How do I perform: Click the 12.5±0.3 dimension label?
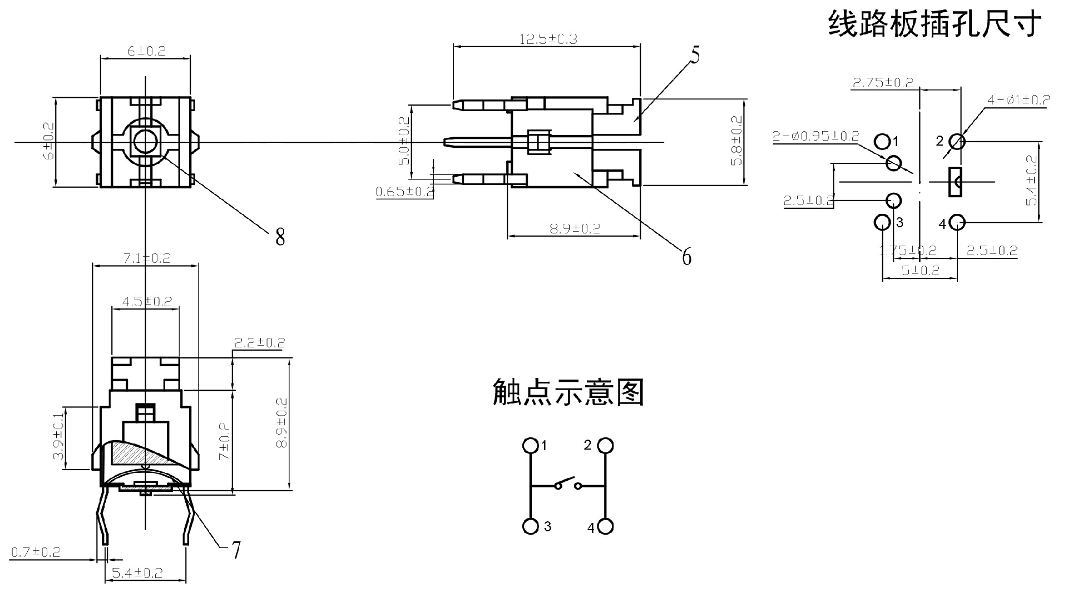548,39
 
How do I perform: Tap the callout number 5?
695,55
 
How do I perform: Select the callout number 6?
686,257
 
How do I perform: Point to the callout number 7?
236,550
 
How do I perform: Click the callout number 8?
280,237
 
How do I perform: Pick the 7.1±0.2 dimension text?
146,258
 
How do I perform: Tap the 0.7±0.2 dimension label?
36,552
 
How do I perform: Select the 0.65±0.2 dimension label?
404,192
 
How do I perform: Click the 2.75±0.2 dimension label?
883,83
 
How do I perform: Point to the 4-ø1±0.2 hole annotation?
1018,100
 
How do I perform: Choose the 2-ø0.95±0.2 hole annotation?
815,136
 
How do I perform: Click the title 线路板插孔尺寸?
934,24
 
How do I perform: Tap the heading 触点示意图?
568,392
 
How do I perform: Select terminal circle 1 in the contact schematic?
531,446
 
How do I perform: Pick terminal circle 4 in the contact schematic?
605,526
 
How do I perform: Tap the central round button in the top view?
146,142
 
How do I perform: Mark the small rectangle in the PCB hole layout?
955,181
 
